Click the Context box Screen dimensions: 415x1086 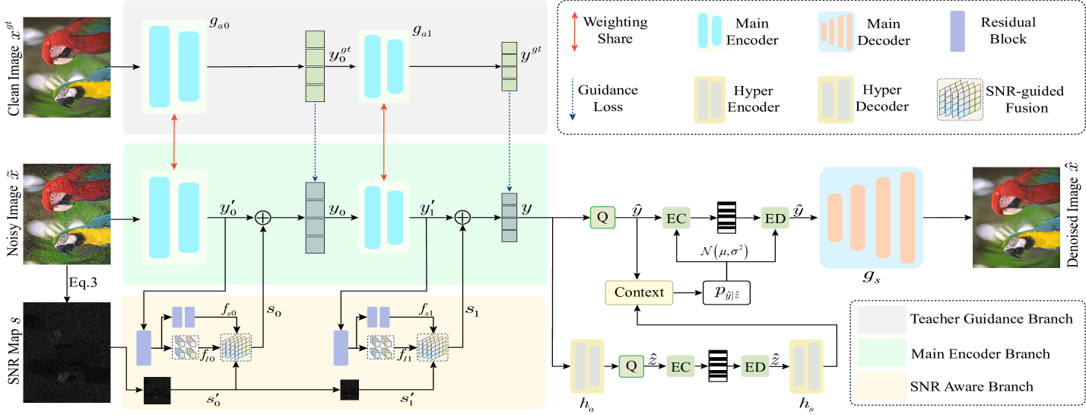(x=639, y=292)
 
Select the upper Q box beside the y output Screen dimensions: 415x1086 (x=602, y=218)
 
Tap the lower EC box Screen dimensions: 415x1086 (x=681, y=367)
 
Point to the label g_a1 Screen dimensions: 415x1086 (x=423, y=31)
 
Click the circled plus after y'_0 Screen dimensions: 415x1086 (x=262, y=218)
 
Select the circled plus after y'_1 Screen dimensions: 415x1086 (x=462, y=218)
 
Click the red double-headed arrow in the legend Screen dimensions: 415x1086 (x=574, y=32)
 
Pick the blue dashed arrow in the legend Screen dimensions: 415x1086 (x=573, y=100)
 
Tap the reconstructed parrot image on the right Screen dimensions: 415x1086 (x=1015, y=217)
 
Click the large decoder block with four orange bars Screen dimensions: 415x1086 (x=871, y=218)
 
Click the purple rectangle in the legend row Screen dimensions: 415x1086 (x=957, y=32)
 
